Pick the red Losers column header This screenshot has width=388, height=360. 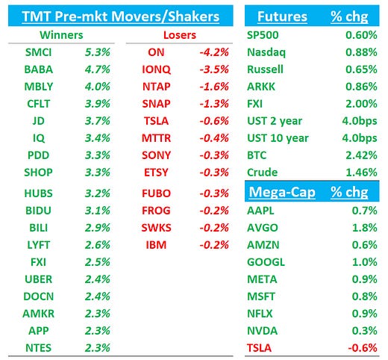coord(180,35)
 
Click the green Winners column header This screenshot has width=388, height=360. coord(61,35)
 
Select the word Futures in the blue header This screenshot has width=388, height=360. coord(283,16)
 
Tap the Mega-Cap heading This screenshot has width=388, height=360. coord(281,192)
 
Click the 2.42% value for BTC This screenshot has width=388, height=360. coord(361,155)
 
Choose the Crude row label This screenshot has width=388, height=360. coord(262,173)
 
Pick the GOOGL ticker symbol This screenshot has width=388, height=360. coord(265,261)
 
